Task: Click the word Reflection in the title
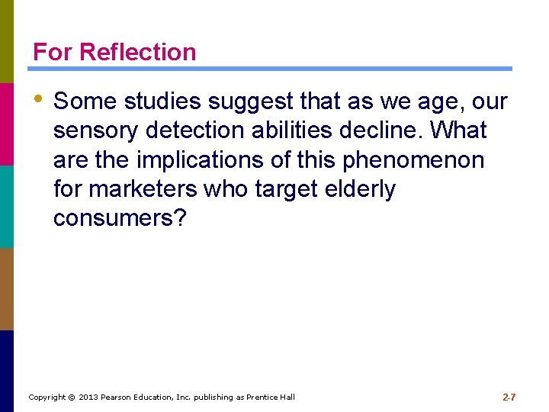[137, 52]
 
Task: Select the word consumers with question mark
[120, 219]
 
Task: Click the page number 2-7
[509, 397]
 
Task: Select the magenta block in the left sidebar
[7, 124]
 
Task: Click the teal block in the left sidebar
[7, 206]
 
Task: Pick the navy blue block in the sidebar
[7, 371]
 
